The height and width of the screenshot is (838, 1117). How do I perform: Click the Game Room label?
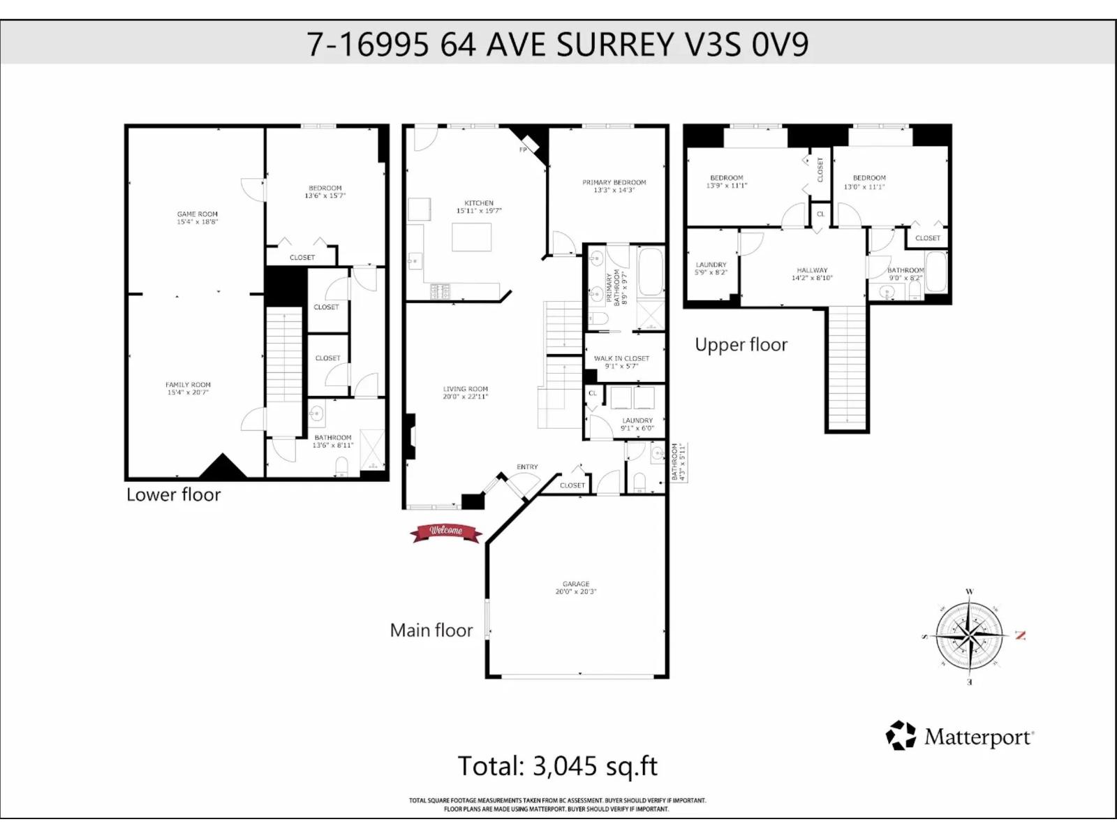198,214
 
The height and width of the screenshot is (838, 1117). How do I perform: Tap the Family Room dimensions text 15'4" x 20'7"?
188,392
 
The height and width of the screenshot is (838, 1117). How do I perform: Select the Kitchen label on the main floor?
479,203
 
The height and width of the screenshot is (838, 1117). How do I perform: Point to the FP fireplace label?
522,150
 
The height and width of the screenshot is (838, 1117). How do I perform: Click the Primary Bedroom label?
614,182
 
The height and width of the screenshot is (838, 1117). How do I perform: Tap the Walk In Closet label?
621,358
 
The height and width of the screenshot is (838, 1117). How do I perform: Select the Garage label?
576,584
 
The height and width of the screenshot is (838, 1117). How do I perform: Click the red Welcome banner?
446,532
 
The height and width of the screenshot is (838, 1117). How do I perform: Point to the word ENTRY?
527,467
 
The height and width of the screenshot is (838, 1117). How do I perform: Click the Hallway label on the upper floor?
812,270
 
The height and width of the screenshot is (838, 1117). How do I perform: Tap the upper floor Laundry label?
711,265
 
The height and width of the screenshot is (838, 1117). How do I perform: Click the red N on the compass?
1021,635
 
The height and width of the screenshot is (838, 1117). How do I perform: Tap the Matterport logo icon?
901,736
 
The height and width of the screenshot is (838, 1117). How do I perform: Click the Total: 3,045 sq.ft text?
557,766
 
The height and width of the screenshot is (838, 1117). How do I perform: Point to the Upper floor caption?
741,345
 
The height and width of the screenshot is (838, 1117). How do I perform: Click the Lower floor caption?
173,494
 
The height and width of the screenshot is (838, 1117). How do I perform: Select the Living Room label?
465,389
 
